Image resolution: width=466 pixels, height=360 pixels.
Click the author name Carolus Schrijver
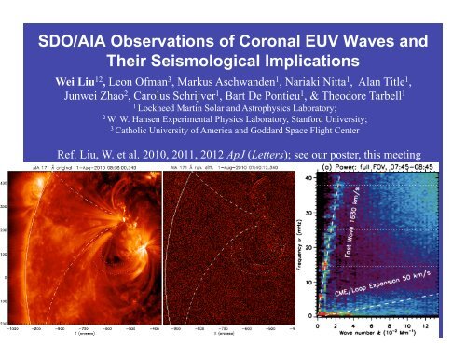pos(198,101)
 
